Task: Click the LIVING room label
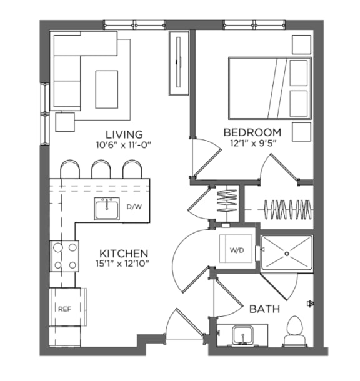pyautogui.click(x=124, y=134)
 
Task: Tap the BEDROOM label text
pyautogui.click(x=252, y=132)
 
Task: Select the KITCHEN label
pyautogui.click(x=124, y=253)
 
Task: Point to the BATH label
pyautogui.click(x=264, y=309)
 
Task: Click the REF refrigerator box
pyautogui.click(x=66, y=308)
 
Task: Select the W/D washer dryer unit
pyautogui.click(x=236, y=250)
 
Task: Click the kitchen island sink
pyautogui.click(x=107, y=209)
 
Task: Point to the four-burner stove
pyautogui.click(x=66, y=256)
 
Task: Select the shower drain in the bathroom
pyautogui.click(x=287, y=254)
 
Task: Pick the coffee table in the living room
pyautogui.click(x=106, y=88)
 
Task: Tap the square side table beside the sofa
pyautogui.click(x=66, y=121)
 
